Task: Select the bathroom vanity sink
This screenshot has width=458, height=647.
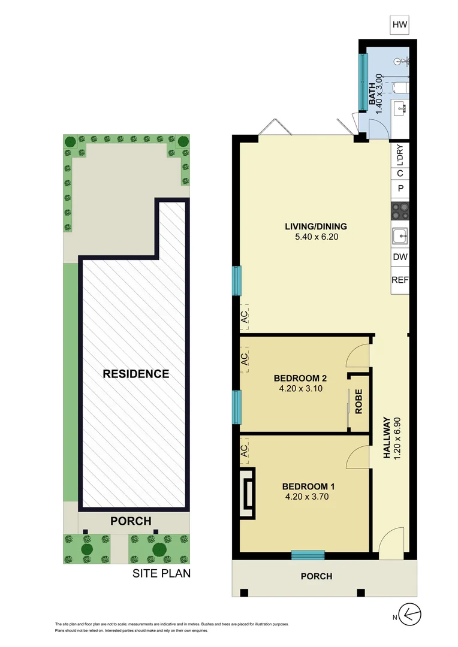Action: [x=400, y=108]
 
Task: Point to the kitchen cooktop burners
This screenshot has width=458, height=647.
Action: [x=400, y=211]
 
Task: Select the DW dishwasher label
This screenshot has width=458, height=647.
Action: [x=400, y=257]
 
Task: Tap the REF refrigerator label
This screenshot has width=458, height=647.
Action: [x=400, y=280]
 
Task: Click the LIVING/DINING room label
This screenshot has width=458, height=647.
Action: [x=315, y=226]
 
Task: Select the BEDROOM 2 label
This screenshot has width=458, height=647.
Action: [x=300, y=378]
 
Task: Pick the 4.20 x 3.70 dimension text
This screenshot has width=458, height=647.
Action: [x=306, y=496]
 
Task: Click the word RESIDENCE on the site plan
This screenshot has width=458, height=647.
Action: [x=136, y=374]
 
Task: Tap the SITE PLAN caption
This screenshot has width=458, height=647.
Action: [x=161, y=573]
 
